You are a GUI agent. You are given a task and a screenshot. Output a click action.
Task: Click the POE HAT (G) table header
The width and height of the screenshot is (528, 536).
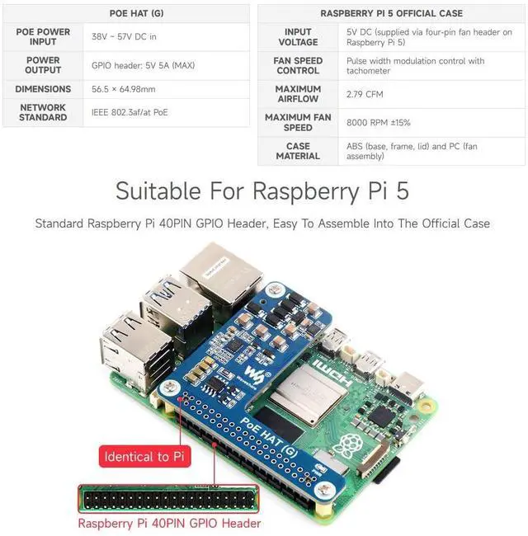click(x=134, y=13)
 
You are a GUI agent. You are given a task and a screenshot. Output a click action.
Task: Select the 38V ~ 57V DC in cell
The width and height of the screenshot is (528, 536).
click(x=124, y=36)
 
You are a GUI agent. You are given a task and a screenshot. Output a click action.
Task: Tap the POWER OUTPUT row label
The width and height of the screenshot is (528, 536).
click(x=43, y=65)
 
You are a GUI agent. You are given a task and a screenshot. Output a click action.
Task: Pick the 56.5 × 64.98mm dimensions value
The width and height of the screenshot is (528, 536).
click(x=124, y=89)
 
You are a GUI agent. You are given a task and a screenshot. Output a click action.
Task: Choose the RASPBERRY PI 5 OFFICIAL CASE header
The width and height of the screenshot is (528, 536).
click(x=391, y=13)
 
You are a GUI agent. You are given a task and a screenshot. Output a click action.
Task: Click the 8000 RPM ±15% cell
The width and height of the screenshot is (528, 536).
click(x=379, y=122)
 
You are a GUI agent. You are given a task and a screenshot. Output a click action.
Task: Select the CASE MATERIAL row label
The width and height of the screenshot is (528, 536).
click(x=298, y=151)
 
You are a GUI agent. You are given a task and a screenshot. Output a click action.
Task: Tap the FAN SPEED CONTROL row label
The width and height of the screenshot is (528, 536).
click(x=298, y=66)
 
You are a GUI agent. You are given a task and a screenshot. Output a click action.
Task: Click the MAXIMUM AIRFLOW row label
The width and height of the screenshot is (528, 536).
click(x=298, y=94)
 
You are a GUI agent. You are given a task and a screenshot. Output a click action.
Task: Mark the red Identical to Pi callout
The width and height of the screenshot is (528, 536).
click(x=137, y=457)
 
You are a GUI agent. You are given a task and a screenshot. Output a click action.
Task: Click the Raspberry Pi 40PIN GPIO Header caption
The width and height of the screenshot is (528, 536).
click(x=169, y=523)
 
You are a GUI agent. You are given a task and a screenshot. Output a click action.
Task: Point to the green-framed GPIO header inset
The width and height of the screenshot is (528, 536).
click(x=168, y=498)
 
